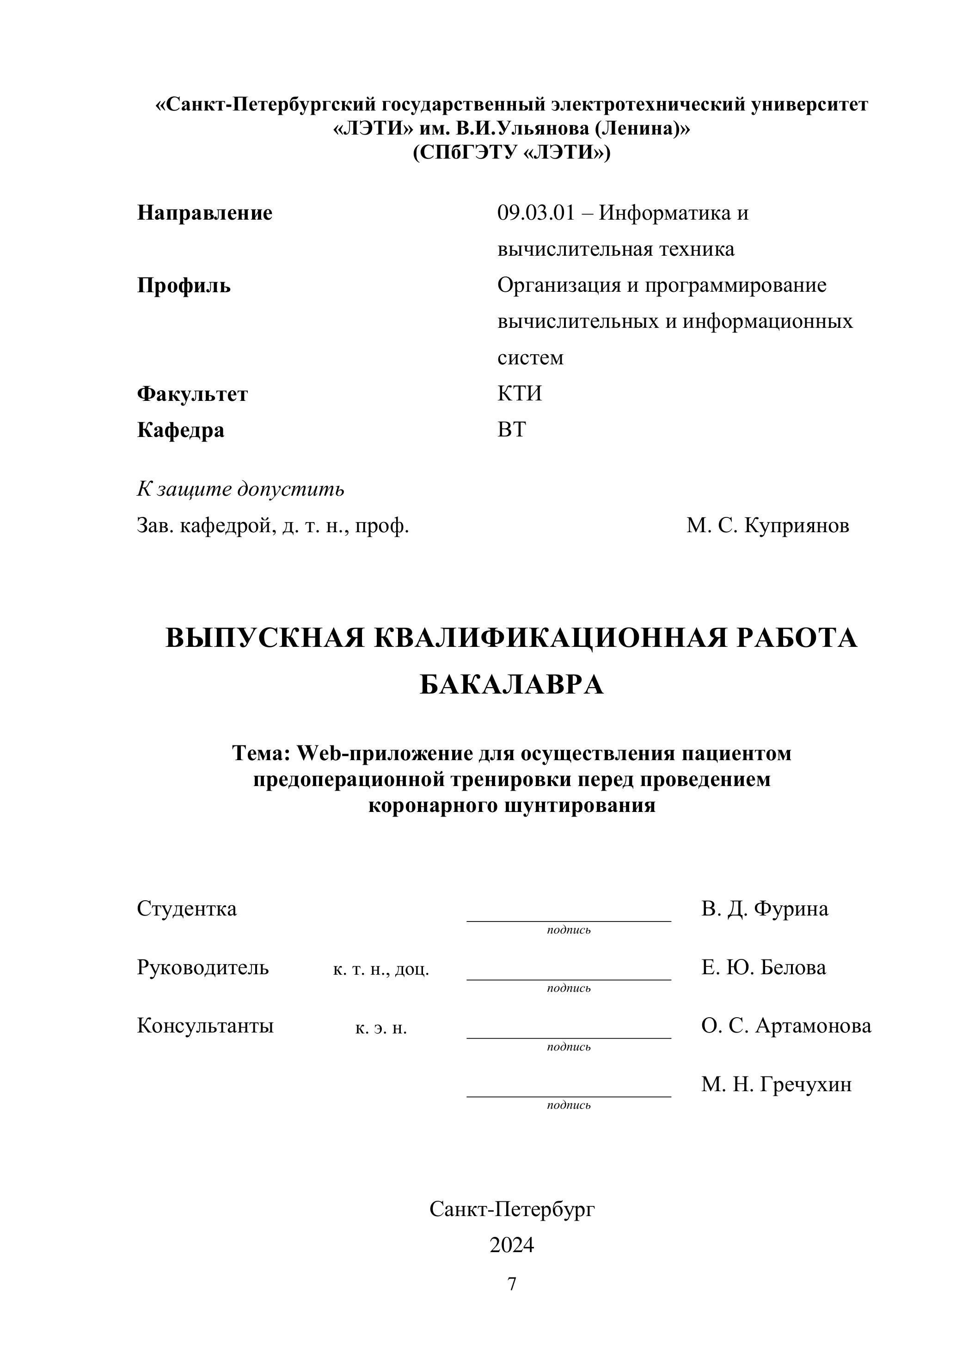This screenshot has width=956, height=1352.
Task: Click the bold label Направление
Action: coord(204,213)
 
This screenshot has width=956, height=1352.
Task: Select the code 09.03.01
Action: coord(535,213)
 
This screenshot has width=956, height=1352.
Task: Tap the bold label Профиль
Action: coord(184,286)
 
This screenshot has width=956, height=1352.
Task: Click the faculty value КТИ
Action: coord(519,393)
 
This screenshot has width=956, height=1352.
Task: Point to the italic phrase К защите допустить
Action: coord(240,489)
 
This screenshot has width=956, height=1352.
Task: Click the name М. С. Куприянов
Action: coord(767,525)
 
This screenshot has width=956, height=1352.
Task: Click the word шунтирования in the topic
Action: coord(580,805)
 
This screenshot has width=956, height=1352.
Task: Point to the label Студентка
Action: coord(187,909)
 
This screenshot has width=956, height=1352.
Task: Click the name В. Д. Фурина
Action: coord(764,909)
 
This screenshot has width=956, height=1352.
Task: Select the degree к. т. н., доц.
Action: coord(381,969)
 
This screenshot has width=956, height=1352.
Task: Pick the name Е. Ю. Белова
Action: coord(764,967)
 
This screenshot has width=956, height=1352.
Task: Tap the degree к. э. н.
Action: coord(381,1027)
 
